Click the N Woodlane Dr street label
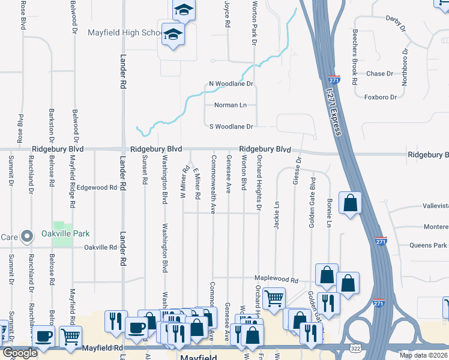tap(231, 84)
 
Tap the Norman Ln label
tap(231, 105)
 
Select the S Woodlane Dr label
tap(231, 127)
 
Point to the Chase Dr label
tap(379, 74)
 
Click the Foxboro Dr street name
tap(381, 97)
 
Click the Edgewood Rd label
tap(96, 188)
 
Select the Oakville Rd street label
tap(100, 247)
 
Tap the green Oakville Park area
tap(62, 238)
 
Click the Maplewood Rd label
tap(276, 280)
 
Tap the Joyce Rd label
tap(228, 14)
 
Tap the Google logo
tap(20, 353)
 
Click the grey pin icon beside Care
tap(26, 237)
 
